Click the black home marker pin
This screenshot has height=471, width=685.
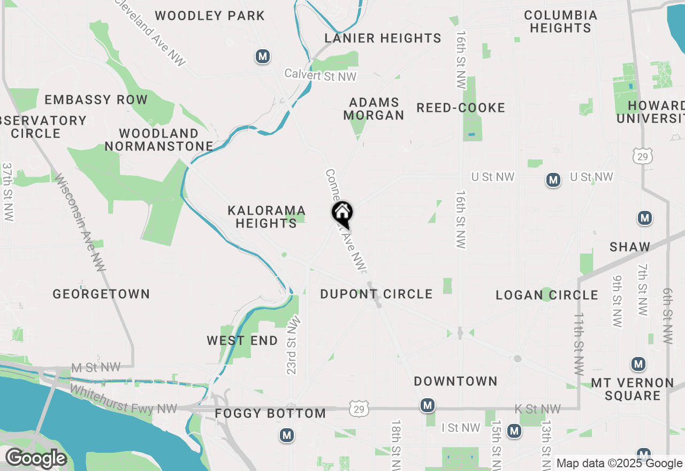tap(342, 213)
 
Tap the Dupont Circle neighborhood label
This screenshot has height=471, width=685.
tap(376, 294)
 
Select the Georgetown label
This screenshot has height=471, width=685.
tap(101, 294)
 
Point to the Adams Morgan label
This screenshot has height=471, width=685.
tap(374, 109)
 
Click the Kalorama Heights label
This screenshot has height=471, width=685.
tap(267, 217)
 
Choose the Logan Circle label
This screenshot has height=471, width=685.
tap(546, 295)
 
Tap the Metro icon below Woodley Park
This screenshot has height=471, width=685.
tap(262, 56)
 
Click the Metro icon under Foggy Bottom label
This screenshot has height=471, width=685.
tap(287, 435)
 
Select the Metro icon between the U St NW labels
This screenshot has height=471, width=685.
tap(553, 180)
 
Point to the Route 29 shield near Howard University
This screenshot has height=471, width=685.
tap(642, 156)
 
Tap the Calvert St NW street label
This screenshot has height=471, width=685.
tap(320, 75)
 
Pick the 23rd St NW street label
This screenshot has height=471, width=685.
tap(294, 345)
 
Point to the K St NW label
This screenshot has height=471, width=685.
tap(537, 409)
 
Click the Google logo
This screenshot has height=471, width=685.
tap(36, 459)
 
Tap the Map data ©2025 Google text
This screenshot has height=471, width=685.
tap(619, 464)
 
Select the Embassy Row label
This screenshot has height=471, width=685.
tap(96, 100)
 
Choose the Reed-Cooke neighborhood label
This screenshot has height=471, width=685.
tap(461, 108)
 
